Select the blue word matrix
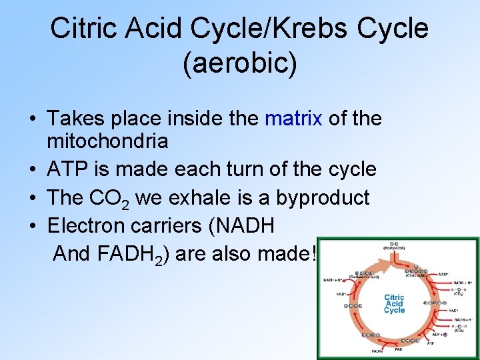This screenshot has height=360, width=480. pos(293,119)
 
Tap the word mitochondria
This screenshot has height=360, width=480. pos(107,141)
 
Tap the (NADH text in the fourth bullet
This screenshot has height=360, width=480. pos(242,225)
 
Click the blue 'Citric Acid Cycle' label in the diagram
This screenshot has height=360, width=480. pos(394,303)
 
